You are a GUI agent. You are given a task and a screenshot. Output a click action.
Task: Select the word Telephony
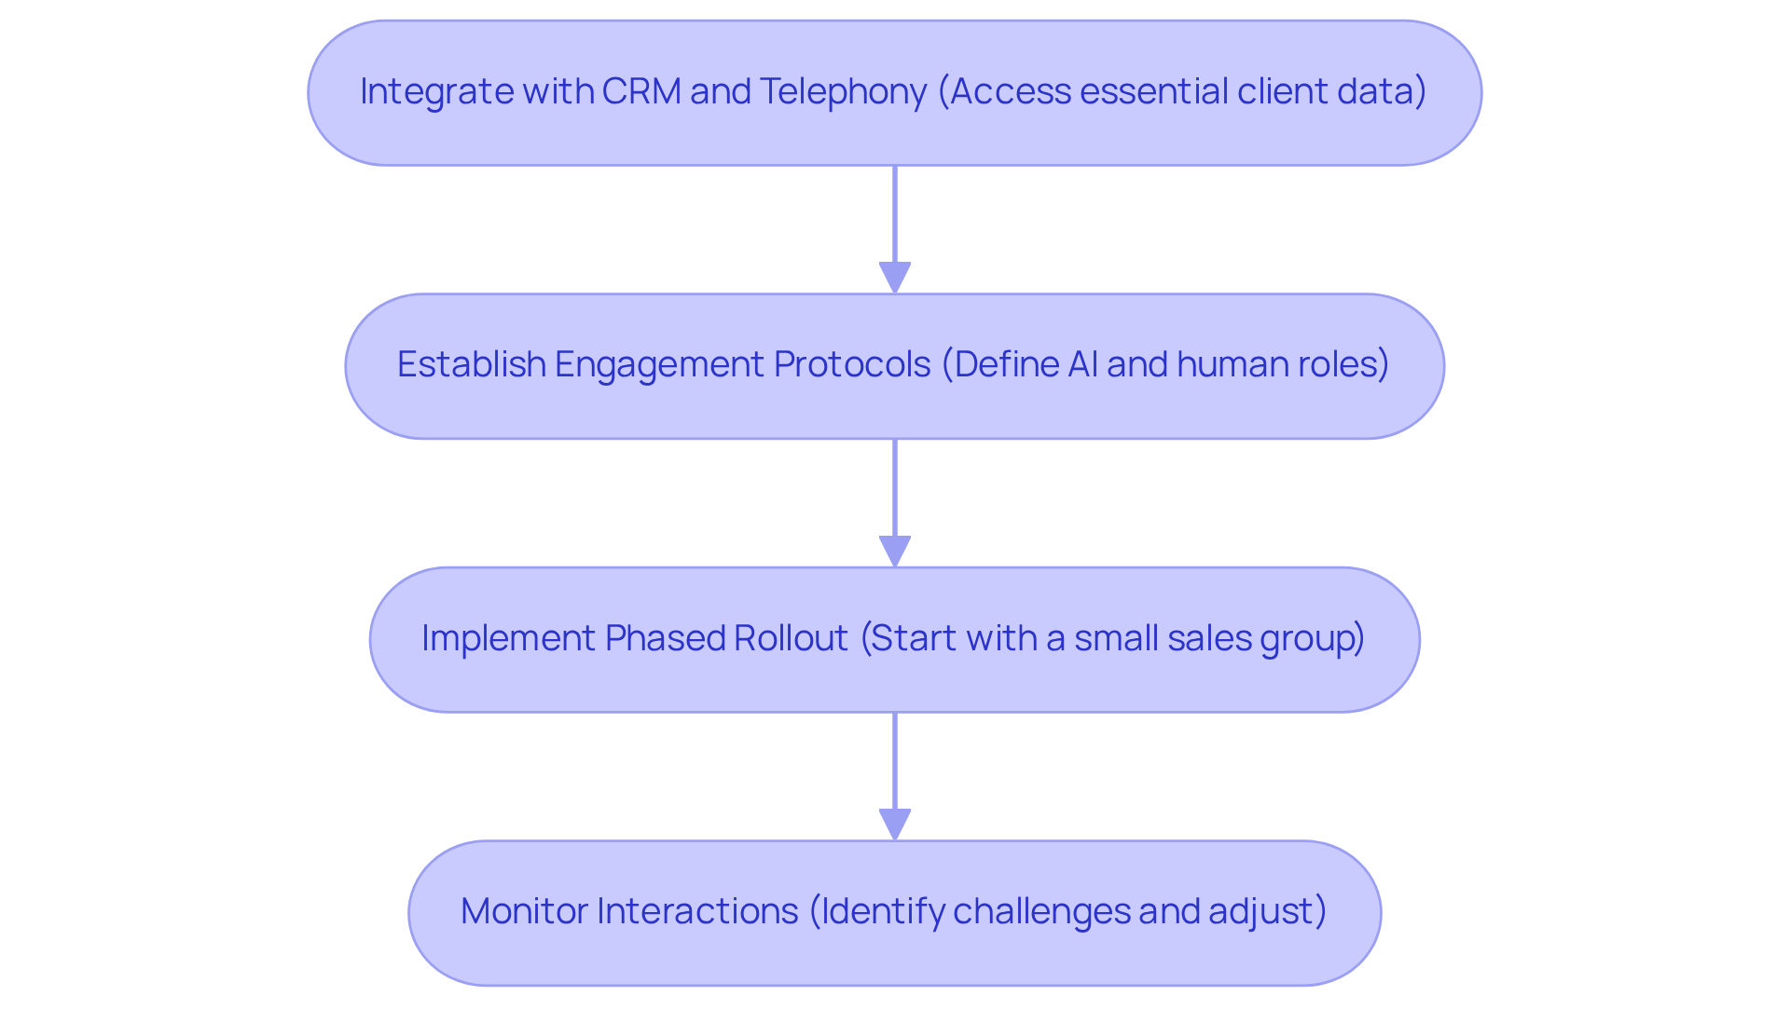843,91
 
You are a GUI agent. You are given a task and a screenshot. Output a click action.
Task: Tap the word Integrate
436,91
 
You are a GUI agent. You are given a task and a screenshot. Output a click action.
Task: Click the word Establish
471,364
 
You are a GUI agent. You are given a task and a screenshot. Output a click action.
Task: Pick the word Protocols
851,364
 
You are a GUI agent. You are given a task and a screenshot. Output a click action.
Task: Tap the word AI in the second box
1082,364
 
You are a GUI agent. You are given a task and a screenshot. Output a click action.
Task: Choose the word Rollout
791,638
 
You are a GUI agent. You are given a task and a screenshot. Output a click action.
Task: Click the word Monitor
523,911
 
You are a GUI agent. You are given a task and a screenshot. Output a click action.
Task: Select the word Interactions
697,911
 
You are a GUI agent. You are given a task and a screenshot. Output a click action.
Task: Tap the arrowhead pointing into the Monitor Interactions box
895,825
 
